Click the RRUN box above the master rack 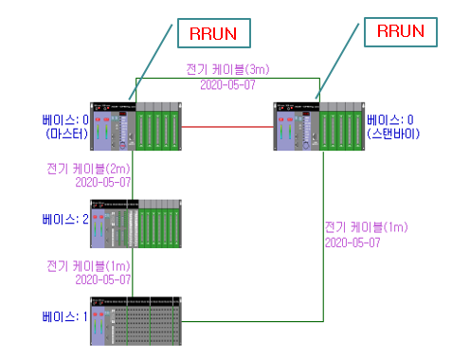(x=214, y=33)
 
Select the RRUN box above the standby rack (x=399, y=30)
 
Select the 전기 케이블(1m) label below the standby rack (x=366, y=228)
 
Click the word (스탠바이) (x=394, y=134)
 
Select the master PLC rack (x=134, y=125)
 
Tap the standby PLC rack (x=317, y=125)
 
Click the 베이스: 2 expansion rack (x=134, y=223)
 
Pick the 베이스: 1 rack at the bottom (x=134, y=319)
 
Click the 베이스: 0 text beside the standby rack (x=392, y=119)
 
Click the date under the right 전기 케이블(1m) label (x=352, y=243)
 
